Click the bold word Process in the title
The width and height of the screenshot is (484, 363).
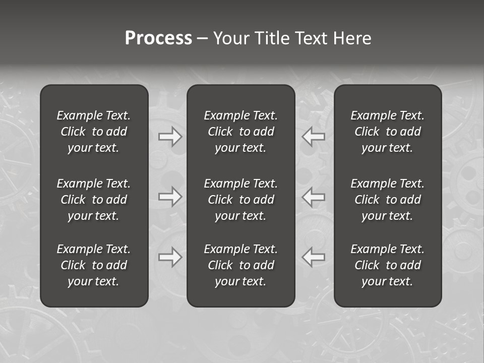[158, 38]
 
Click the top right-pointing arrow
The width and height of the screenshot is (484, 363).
[170, 137]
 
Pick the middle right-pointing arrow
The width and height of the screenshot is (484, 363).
[170, 197]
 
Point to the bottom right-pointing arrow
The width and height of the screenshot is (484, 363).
[170, 257]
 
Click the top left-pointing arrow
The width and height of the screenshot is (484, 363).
[313, 137]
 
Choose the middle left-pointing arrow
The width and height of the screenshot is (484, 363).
[313, 197]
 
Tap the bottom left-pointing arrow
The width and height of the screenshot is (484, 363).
[313, 257]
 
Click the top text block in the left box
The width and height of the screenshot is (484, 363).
[94, 132]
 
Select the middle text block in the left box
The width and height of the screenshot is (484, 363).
[94, 200]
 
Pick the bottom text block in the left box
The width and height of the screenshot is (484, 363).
[94, 265]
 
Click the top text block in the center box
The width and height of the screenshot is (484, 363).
[241, 132]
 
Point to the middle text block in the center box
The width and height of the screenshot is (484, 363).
[241, 200]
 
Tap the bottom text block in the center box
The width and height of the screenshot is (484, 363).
[241, 265]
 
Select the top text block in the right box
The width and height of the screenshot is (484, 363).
[388, 132]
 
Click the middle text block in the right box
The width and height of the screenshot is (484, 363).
[388, 200]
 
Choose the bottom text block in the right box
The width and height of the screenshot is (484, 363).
[388, 265]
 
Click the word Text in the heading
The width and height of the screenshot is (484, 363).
[311, 38]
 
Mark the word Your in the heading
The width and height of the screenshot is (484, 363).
[230, 38]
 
